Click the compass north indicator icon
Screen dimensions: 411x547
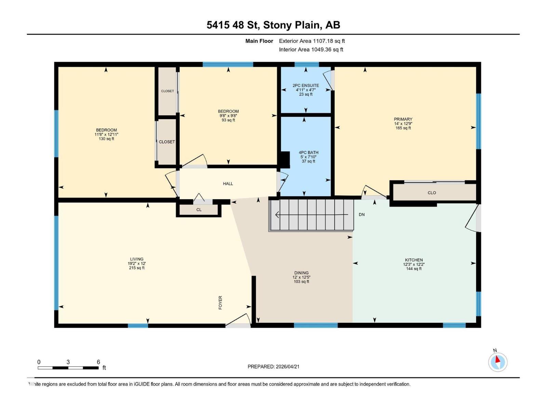[498, 362]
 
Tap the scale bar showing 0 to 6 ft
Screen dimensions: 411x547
[68, 368]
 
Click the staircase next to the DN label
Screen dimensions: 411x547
[311, 215]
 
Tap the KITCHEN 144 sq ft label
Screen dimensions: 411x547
[414, 264]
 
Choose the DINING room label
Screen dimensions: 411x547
[301, 277]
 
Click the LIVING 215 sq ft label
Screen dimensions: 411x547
[137, 263]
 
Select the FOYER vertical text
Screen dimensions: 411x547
[221, 302]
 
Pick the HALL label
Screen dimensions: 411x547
[228, 184]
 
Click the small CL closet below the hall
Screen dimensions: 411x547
[199, 210]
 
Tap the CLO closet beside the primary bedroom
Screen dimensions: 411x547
[432, 192]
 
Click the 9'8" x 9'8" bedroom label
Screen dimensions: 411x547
[228, 115]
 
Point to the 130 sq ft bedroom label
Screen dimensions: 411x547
[106, 134]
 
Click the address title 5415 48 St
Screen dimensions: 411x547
[273, 25]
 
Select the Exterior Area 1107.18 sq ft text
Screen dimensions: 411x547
[312, 41]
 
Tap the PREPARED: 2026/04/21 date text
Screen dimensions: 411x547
[273, 366]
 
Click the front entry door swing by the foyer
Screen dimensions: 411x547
[239, 320]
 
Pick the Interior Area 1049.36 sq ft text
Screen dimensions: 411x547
[311, 49]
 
